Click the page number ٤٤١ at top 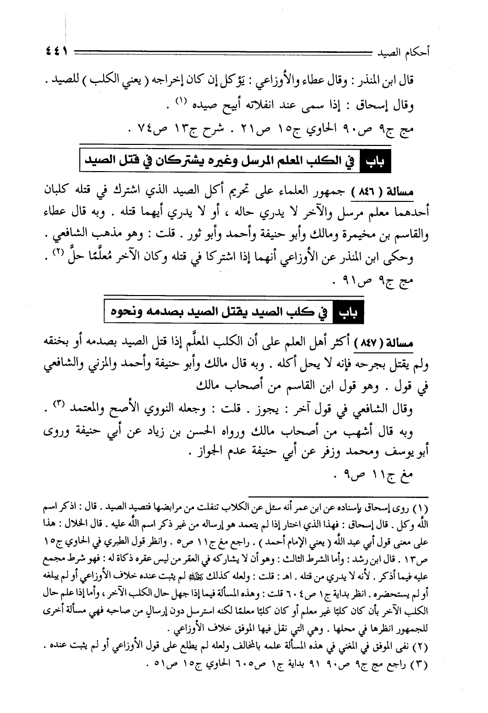(x=54, y=52)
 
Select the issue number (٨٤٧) (x=370, y=344)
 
